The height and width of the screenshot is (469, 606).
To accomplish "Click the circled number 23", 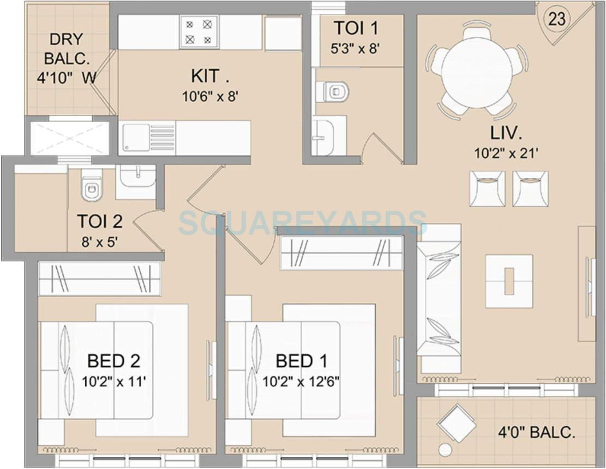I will point(557,19).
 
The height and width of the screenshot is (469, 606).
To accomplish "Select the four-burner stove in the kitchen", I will point(199,32).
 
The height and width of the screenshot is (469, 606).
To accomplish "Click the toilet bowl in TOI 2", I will point(91,188).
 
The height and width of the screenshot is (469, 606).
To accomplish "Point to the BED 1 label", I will point(301,361).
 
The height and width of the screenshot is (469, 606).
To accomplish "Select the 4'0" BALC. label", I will point(536,432).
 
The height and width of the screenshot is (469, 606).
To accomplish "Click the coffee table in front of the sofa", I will point(509,281).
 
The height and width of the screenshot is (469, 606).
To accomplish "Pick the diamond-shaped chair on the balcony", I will point(457,424).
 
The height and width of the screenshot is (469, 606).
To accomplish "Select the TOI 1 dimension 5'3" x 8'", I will point(355,49).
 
